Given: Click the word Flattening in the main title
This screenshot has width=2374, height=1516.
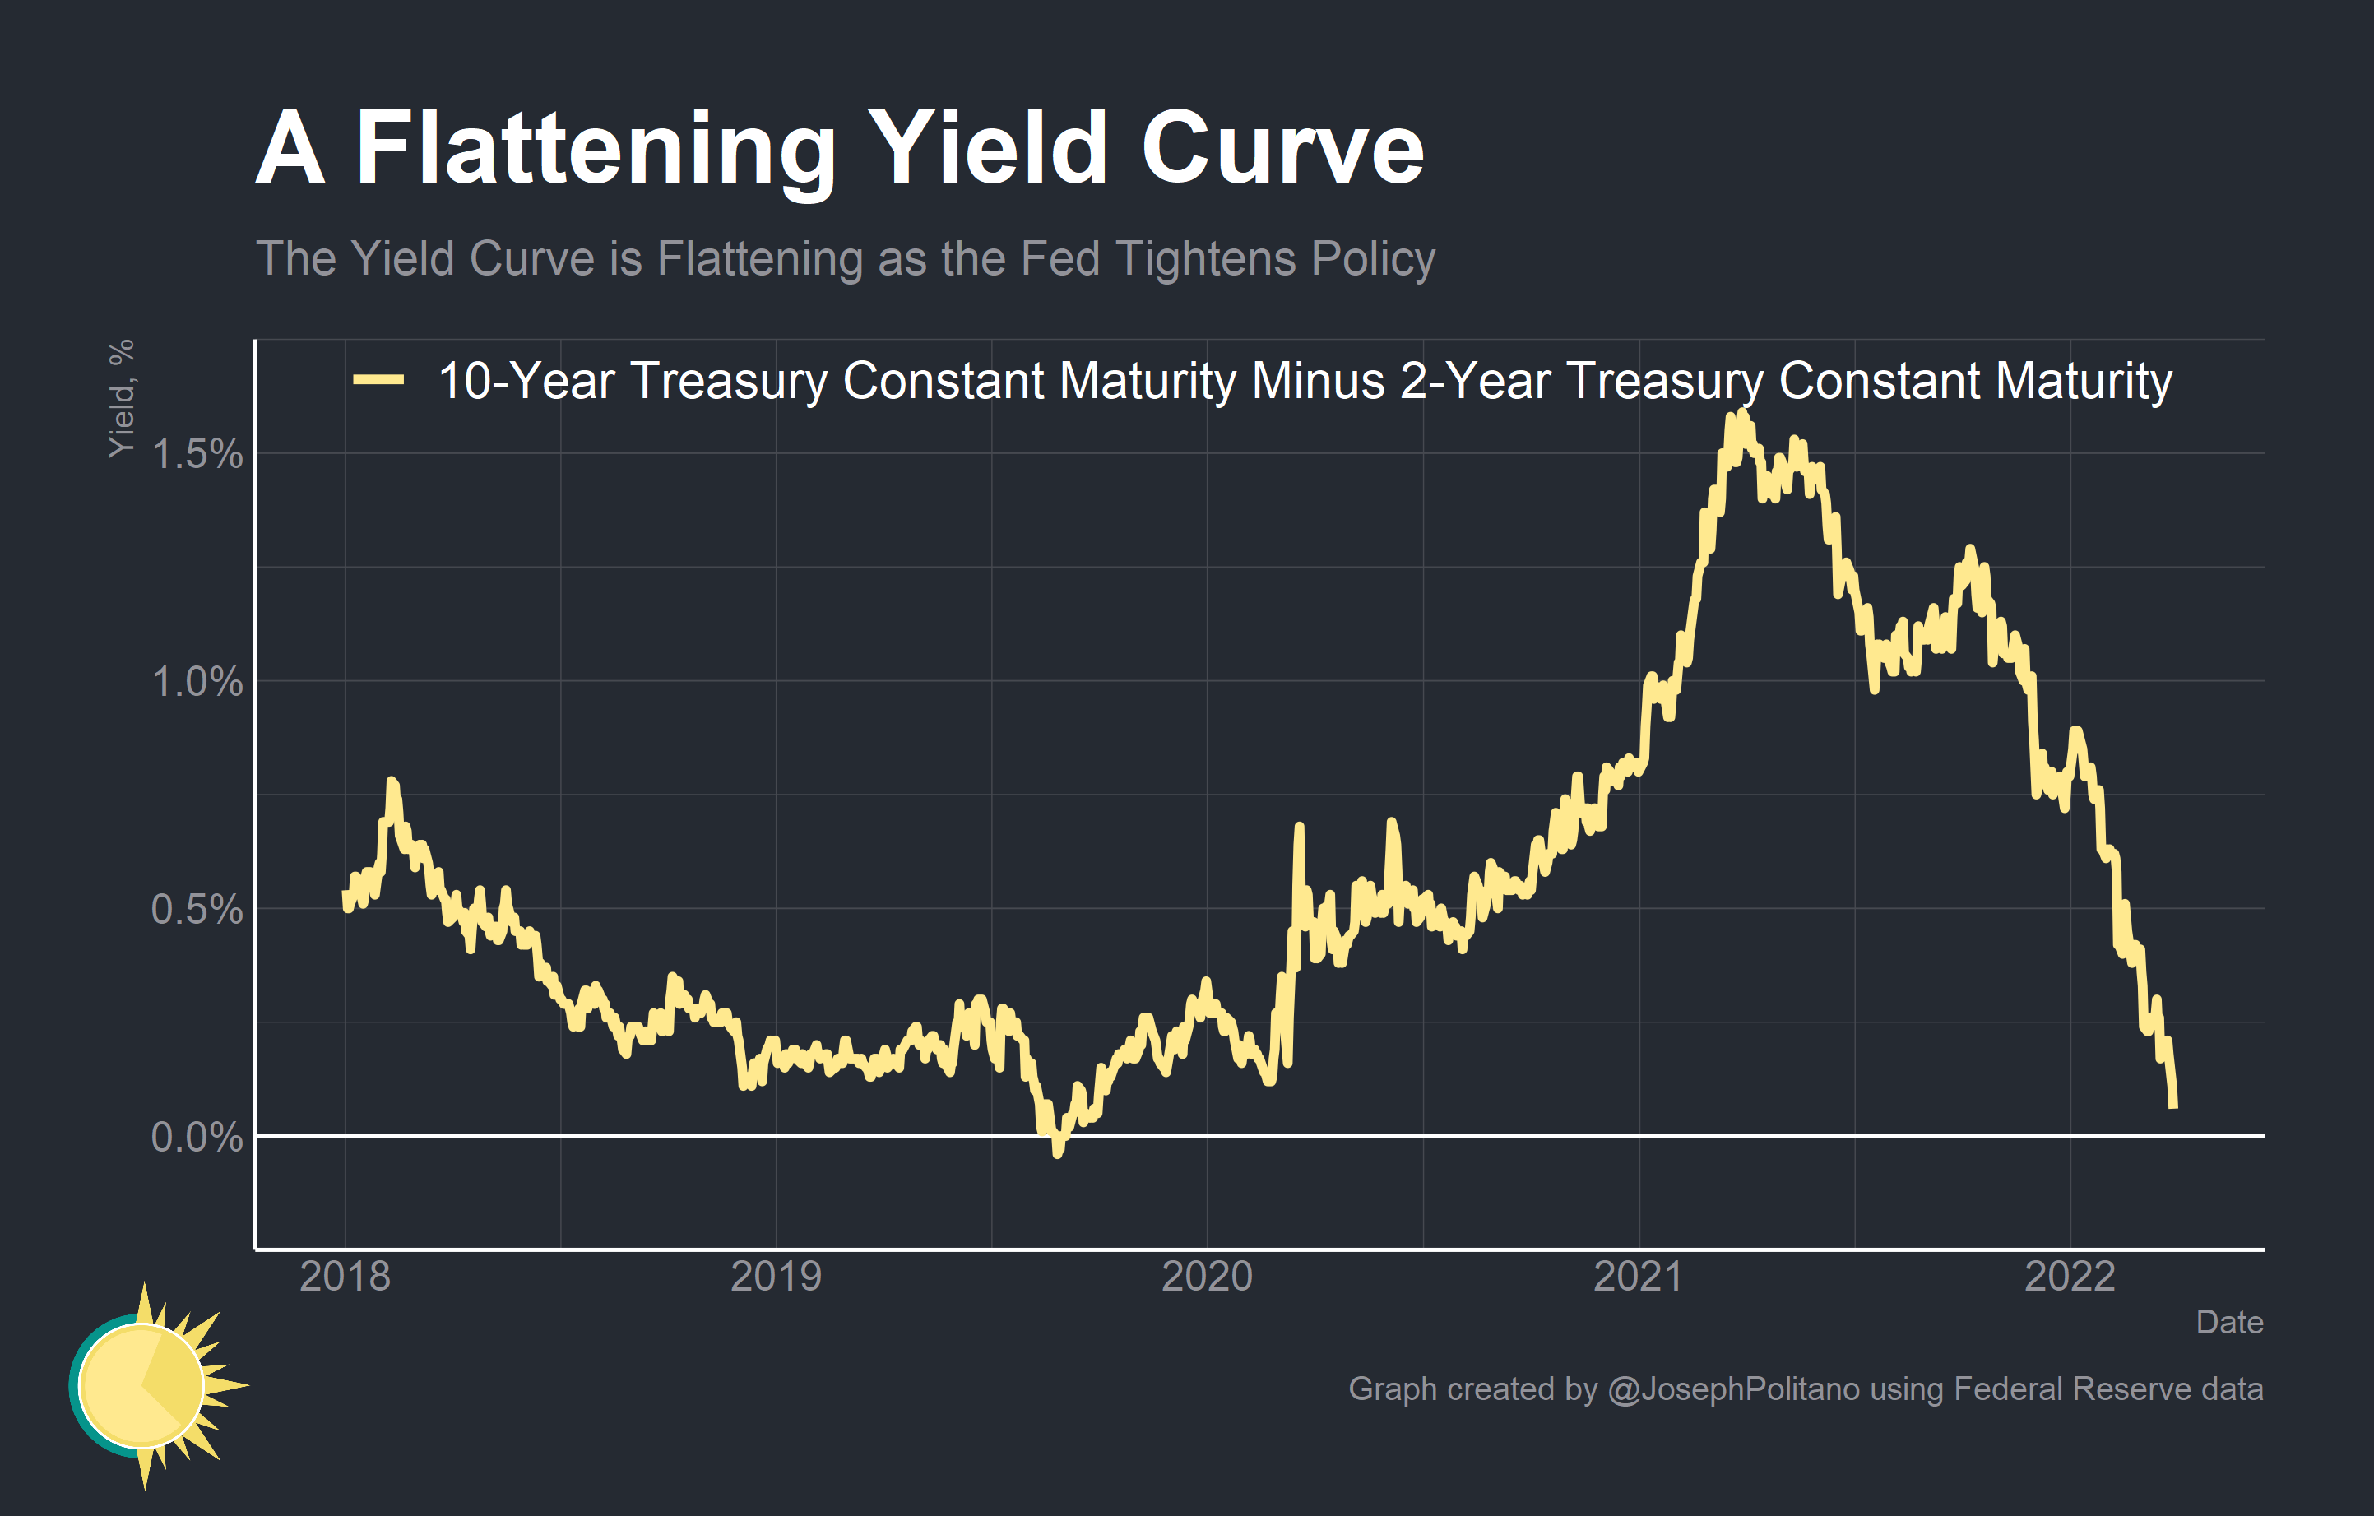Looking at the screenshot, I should coord(595,150).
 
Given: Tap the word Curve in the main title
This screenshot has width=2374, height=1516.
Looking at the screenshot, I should coord(1282,150).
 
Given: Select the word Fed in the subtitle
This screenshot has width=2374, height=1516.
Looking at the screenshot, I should coord(1059,259).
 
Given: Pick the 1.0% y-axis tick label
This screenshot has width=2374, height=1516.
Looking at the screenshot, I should coord(197,682).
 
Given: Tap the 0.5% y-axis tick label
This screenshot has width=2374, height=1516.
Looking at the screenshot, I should coord(197,910).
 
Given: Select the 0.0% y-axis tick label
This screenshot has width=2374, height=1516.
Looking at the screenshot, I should coord(197,1138).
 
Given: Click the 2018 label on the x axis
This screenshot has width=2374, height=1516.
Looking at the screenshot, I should coord(345,1277).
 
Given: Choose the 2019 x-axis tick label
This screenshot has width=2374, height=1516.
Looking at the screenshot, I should coord(776,1277).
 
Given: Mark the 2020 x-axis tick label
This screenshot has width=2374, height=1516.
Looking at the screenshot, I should coord(1207,1277).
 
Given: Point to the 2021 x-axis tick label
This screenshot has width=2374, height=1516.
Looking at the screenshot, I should coord(1639,1277).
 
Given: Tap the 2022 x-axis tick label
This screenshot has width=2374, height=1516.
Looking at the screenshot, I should coord(2070,1277).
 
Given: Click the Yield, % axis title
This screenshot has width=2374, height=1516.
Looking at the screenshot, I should coord(121,398).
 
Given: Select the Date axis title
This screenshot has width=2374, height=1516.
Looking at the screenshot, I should coord(2229,1323).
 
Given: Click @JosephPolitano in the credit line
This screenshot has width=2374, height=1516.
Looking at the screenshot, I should coord(1733,1389).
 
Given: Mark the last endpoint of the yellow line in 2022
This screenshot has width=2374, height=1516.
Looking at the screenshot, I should coord(2174,1106).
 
